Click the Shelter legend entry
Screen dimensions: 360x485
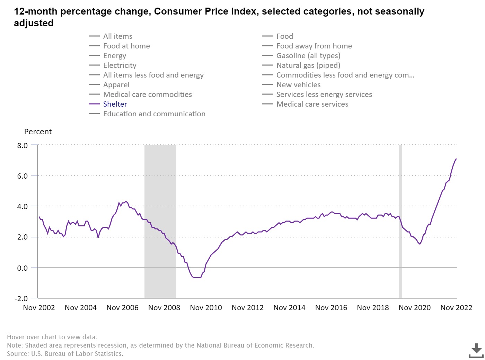tap(115, 104)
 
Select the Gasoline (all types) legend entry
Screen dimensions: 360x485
tap(308, 56)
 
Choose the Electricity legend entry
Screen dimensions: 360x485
tap(120, 65)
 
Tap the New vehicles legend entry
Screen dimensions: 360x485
tap(298, 85)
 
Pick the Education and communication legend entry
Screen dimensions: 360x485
tap(154, 114)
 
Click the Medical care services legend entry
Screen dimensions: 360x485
tap(312, 104)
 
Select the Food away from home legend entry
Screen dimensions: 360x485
tap(314, 46)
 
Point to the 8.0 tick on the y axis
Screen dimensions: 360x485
tap(23, 145)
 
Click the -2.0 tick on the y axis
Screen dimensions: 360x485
tap(21, 298)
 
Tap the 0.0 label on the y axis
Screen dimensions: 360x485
tap(23, 268)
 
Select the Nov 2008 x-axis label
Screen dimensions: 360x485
tap(164, 308)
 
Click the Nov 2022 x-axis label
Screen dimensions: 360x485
tap(456, 308)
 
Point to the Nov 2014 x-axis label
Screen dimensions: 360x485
tap(289, 308)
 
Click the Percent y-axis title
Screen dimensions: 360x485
tap(38, 132)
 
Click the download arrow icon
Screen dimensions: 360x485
tap(476, 350)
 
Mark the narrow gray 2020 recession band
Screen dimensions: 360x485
tap(400, 222)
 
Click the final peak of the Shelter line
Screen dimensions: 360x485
tap(456, 159)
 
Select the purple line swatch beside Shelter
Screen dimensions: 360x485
tap(94, 104)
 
